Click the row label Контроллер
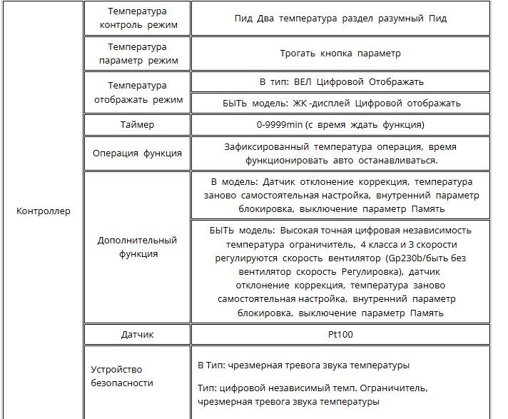coord(44,211)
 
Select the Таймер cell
coord(137,125)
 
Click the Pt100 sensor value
coord(340,334)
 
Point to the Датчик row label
coord(137,334)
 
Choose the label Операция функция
coord(137,153)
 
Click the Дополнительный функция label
coord(137,247)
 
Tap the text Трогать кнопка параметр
coord(340,53)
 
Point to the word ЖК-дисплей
coord(321,103)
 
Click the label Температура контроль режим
coord(137,19)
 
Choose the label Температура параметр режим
coord(137,54)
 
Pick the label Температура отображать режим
coord(137,92)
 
